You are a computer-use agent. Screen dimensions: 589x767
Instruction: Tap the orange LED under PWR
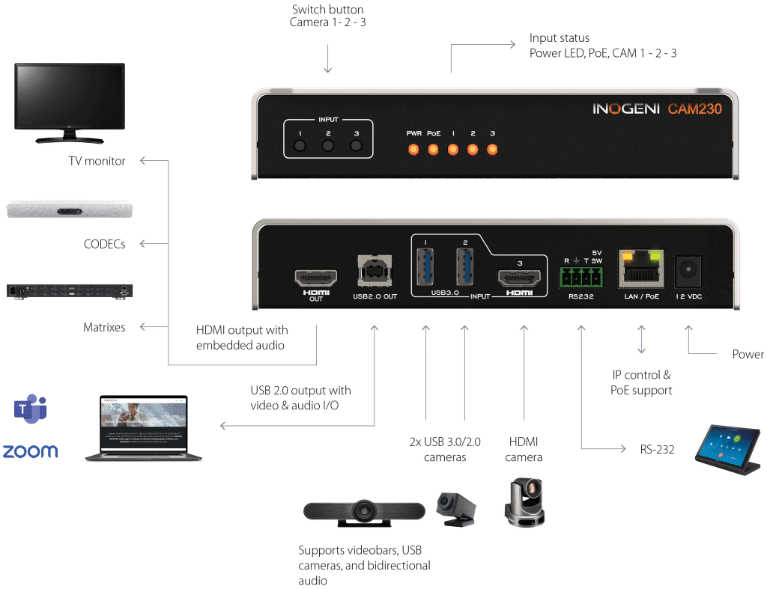[x=413, y=149]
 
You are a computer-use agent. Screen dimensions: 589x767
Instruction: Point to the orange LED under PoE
[x=433, y=149]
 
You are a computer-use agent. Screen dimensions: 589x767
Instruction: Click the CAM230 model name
[x=695, y=109]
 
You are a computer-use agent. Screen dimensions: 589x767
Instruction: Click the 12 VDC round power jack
[x=686, y=272]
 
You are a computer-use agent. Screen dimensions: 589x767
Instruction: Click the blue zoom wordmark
[x=30, y=451]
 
